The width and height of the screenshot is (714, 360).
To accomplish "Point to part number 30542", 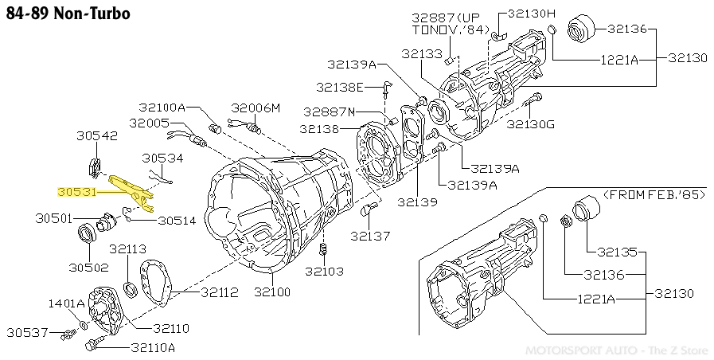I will (98, 136).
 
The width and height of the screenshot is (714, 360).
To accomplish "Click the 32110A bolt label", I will (153, 347).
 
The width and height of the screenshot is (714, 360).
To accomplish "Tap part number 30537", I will (28, 331).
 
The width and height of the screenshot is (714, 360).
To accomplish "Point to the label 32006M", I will (256, 107).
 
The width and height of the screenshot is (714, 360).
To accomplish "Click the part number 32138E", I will (339, 86).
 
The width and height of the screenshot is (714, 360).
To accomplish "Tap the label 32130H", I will (528, 14).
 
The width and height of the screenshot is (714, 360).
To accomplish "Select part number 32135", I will (618, 252).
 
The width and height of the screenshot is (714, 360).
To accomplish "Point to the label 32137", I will (370, 236).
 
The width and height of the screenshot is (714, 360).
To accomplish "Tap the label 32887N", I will (329, 112).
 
